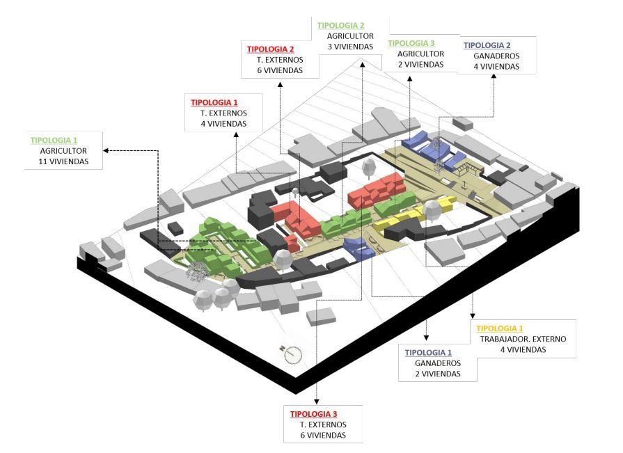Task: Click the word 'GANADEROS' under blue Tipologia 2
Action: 496,56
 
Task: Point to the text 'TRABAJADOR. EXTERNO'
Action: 523,339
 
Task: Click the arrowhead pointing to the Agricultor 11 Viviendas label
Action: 104,150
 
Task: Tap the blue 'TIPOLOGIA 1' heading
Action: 429,352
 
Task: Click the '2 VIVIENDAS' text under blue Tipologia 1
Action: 438,374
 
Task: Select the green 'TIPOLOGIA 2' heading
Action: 341,25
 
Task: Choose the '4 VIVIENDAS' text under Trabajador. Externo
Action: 523,350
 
